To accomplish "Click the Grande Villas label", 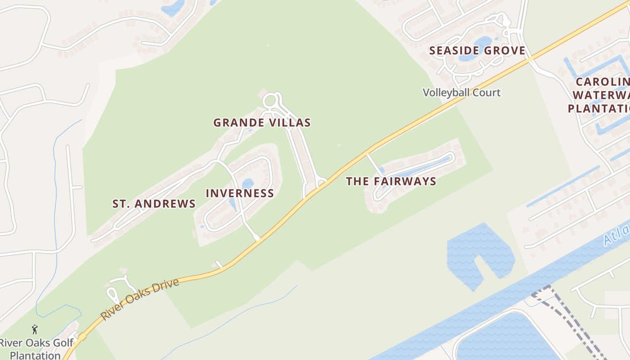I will [262, 122].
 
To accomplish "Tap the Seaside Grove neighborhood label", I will [477, 50].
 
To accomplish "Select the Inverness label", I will [240, 193].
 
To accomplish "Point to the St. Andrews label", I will [154, 204].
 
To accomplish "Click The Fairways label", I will [391, 181].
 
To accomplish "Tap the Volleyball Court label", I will [461, 93].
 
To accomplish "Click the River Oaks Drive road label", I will [140, 299].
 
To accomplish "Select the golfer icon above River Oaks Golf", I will [35, 330].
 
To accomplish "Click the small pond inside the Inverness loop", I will [247, 184].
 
